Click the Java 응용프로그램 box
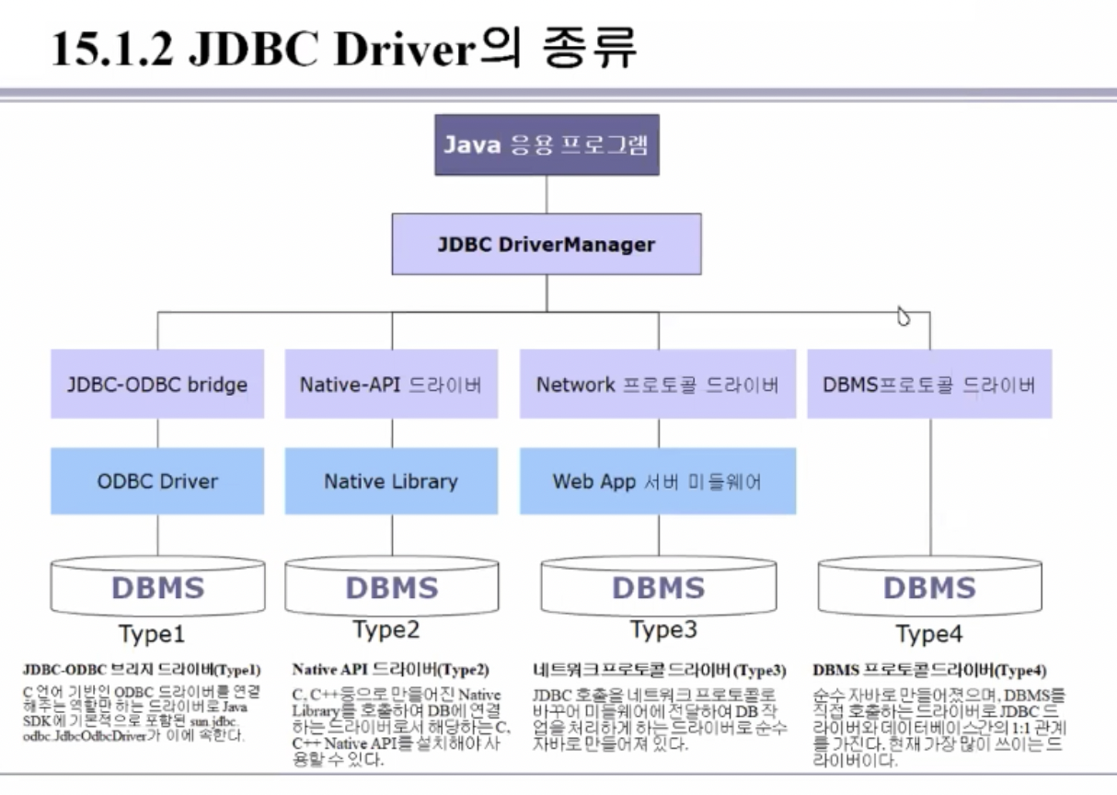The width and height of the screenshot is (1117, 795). coord(547,144)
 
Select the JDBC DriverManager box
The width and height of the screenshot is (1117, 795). coord(547,245)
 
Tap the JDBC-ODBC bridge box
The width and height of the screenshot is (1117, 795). coord(157,384)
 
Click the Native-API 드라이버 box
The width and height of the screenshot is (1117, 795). coord(391,384)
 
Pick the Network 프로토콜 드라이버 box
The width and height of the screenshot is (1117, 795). coord(657,384)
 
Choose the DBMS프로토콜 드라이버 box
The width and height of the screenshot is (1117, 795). coord(929,384)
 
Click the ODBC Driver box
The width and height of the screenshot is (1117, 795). coord(157,480)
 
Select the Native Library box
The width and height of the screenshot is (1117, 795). coord(391,480)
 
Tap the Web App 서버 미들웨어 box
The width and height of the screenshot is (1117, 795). coord(657,480)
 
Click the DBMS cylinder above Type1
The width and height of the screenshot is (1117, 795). coord(157,587)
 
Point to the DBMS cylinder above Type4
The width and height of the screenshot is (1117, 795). coord(929,587)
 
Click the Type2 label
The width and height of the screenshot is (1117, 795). coord(386,629)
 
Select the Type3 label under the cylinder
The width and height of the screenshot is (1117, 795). coord(663,629)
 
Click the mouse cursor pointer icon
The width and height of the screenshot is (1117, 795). coord(904,317)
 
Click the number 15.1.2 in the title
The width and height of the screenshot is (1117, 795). coord(110,51)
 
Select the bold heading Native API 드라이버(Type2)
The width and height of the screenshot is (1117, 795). coord(390,670)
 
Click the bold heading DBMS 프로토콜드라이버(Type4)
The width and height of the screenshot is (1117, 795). coord(929,670)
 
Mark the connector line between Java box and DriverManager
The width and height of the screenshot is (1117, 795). coord(547,194)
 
